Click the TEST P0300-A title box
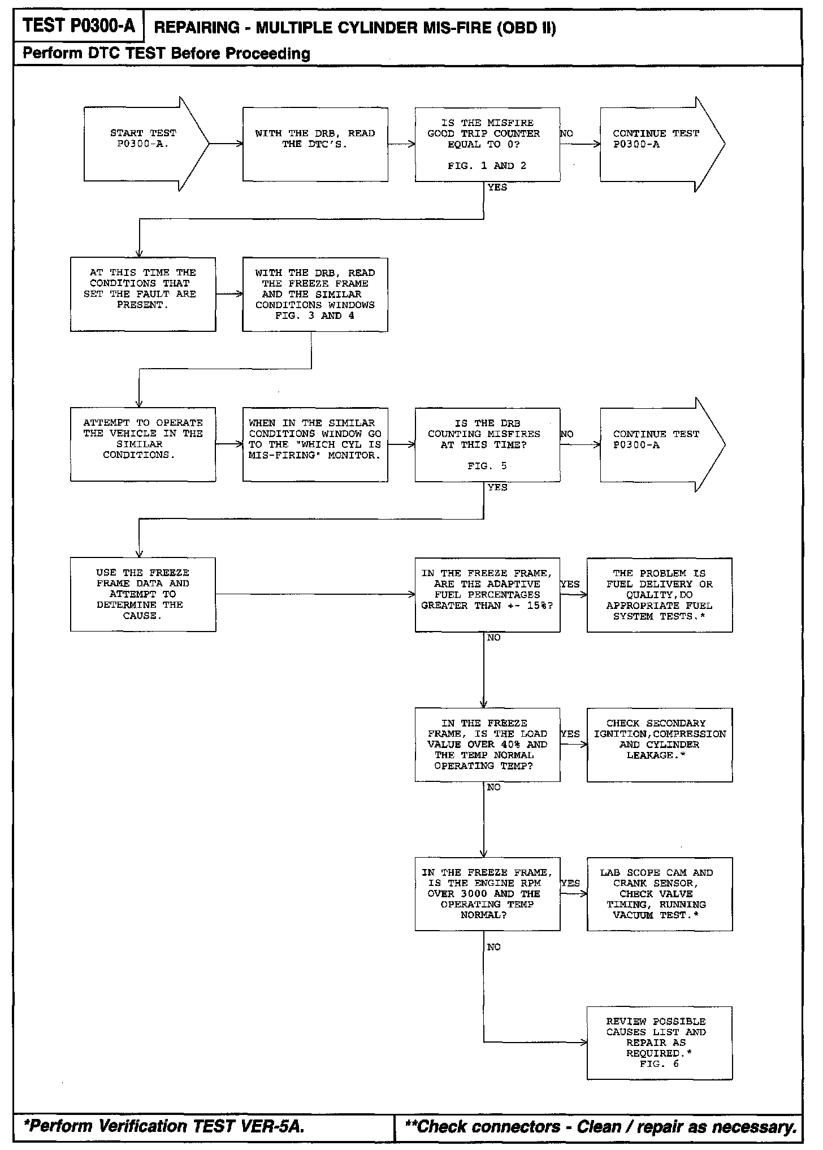tap(79, 26)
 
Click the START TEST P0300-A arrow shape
tap(144, 144)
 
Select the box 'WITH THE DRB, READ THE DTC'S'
tap(315, 144)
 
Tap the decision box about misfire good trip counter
tap(487, 144)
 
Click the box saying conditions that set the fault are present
tap(143, 294)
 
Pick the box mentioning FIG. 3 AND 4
tap(315, 294)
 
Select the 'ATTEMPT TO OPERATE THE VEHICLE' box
tap(143, 444)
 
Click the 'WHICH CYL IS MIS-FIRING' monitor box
tap(315, 444)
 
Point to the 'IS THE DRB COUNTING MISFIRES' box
tap(487, 444)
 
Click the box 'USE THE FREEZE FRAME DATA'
tap(143, 594)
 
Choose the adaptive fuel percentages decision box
tap(487, 594)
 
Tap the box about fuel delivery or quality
tap(659, 594)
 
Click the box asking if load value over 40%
tap(487, 744)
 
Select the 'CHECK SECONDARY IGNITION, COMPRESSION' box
tap(659, 744)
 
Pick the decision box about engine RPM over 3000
tap(487, 893)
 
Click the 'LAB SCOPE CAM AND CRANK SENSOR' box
tap(659, 893)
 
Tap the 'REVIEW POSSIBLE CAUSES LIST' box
tap(659, 1043)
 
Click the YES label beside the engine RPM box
tap(570, 883)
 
